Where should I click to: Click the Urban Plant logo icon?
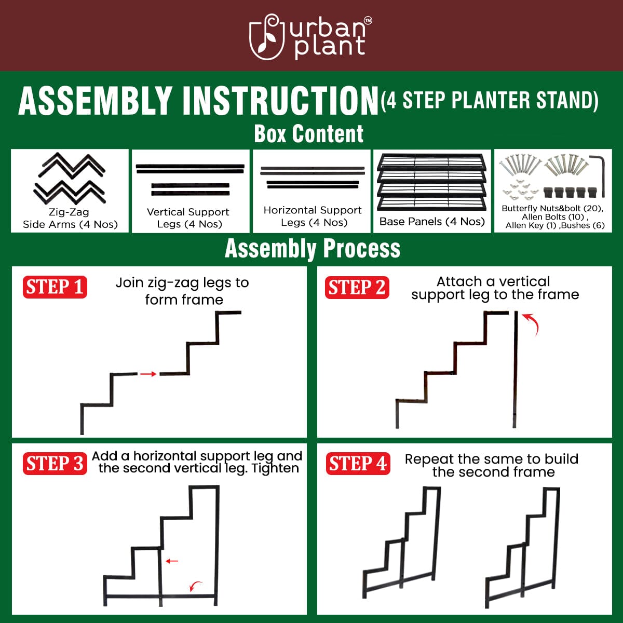tap(267, 37)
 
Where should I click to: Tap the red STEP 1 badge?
tap(55, 287)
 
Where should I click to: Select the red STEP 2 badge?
tap(357, 288)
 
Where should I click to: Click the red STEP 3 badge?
tap(55, 464)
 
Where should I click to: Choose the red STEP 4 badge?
tap(358, 464)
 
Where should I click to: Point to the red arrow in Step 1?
tap(148, 374)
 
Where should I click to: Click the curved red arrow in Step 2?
tap(532, 323)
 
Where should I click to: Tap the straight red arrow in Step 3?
tap(172, 561)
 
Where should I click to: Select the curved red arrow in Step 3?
tap(196, 586)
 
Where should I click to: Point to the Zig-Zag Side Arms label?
tap(70, 219)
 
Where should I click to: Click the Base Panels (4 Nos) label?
tap(432, 222)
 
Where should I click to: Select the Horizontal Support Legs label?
tap(313, 216)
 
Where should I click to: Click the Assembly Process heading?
tap(313, 249)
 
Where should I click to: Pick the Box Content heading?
tap(309, 134)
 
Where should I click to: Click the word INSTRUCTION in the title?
tap(280, 101)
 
